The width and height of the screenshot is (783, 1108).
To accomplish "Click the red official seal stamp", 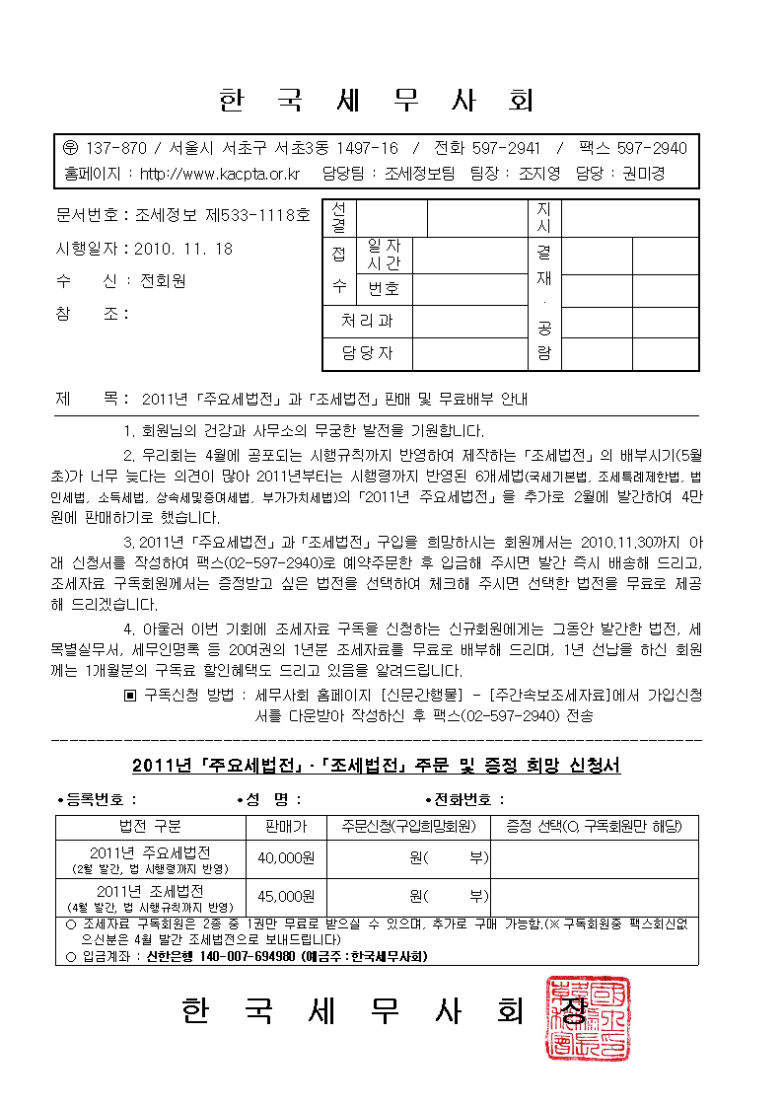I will [x=588, y=1017].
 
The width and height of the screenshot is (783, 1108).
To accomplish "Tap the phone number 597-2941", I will [x=506, y=148].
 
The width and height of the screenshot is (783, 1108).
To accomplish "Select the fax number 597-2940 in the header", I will [x=652, y=148].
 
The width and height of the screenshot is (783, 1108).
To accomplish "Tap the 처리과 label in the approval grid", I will [x=367, y=321].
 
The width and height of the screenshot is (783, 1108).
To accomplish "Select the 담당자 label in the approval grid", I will [x=367, y=352].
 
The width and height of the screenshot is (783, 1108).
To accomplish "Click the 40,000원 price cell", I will [x=285, y=858].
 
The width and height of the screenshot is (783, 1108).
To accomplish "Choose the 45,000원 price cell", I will [x=285, y=897].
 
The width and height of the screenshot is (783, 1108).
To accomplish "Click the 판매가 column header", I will [x=286, y=826].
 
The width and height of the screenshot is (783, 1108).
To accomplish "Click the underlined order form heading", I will [x=376, y=766].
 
